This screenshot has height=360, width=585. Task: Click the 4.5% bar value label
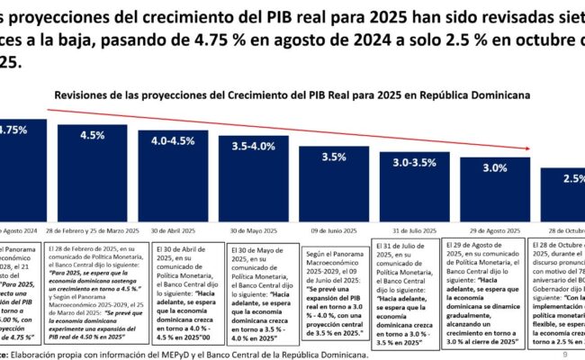click(91, 135)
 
